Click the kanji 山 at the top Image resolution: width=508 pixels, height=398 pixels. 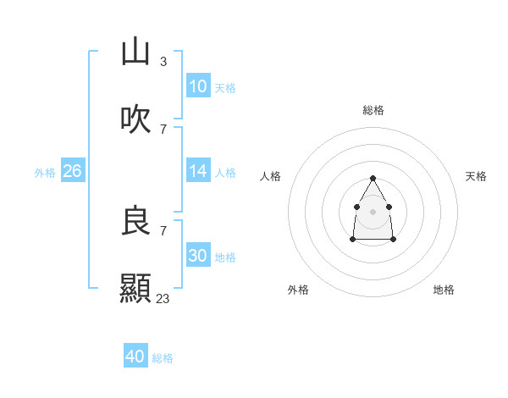tap(135, 52)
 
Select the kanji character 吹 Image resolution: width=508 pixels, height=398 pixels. tap(135, 119)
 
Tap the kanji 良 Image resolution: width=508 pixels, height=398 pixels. tap(135, 221)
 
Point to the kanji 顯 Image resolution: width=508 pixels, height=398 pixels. tap(135, 289)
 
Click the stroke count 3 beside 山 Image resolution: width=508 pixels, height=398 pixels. tap(163, 62)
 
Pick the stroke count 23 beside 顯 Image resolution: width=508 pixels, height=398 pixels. tap(163, 298)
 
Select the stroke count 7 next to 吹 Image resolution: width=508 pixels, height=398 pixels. tap(163, 130)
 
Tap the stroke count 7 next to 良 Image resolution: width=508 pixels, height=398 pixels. tap(163, 230)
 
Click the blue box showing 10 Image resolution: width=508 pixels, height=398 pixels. tap(198, 86)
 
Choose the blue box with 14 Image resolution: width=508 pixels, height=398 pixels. tap(198, 171)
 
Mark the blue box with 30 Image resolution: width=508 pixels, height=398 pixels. tap(198, 256)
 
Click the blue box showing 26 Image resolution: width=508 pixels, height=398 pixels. tap(72, 171)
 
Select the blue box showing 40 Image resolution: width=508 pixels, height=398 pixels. tap(135, 357)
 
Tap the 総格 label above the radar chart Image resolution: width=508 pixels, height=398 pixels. tap(373, 110)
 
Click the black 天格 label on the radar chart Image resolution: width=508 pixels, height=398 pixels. tap(476, 176)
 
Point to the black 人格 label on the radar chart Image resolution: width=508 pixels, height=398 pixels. tap(271, 176)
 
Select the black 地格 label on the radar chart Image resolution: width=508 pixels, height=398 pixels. tap(444, 290)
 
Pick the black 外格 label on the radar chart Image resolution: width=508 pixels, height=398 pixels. tap(298, 290)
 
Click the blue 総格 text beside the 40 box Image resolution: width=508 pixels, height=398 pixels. tap(163, 358)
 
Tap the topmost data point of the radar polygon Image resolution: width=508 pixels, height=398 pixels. tap(373, 179)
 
